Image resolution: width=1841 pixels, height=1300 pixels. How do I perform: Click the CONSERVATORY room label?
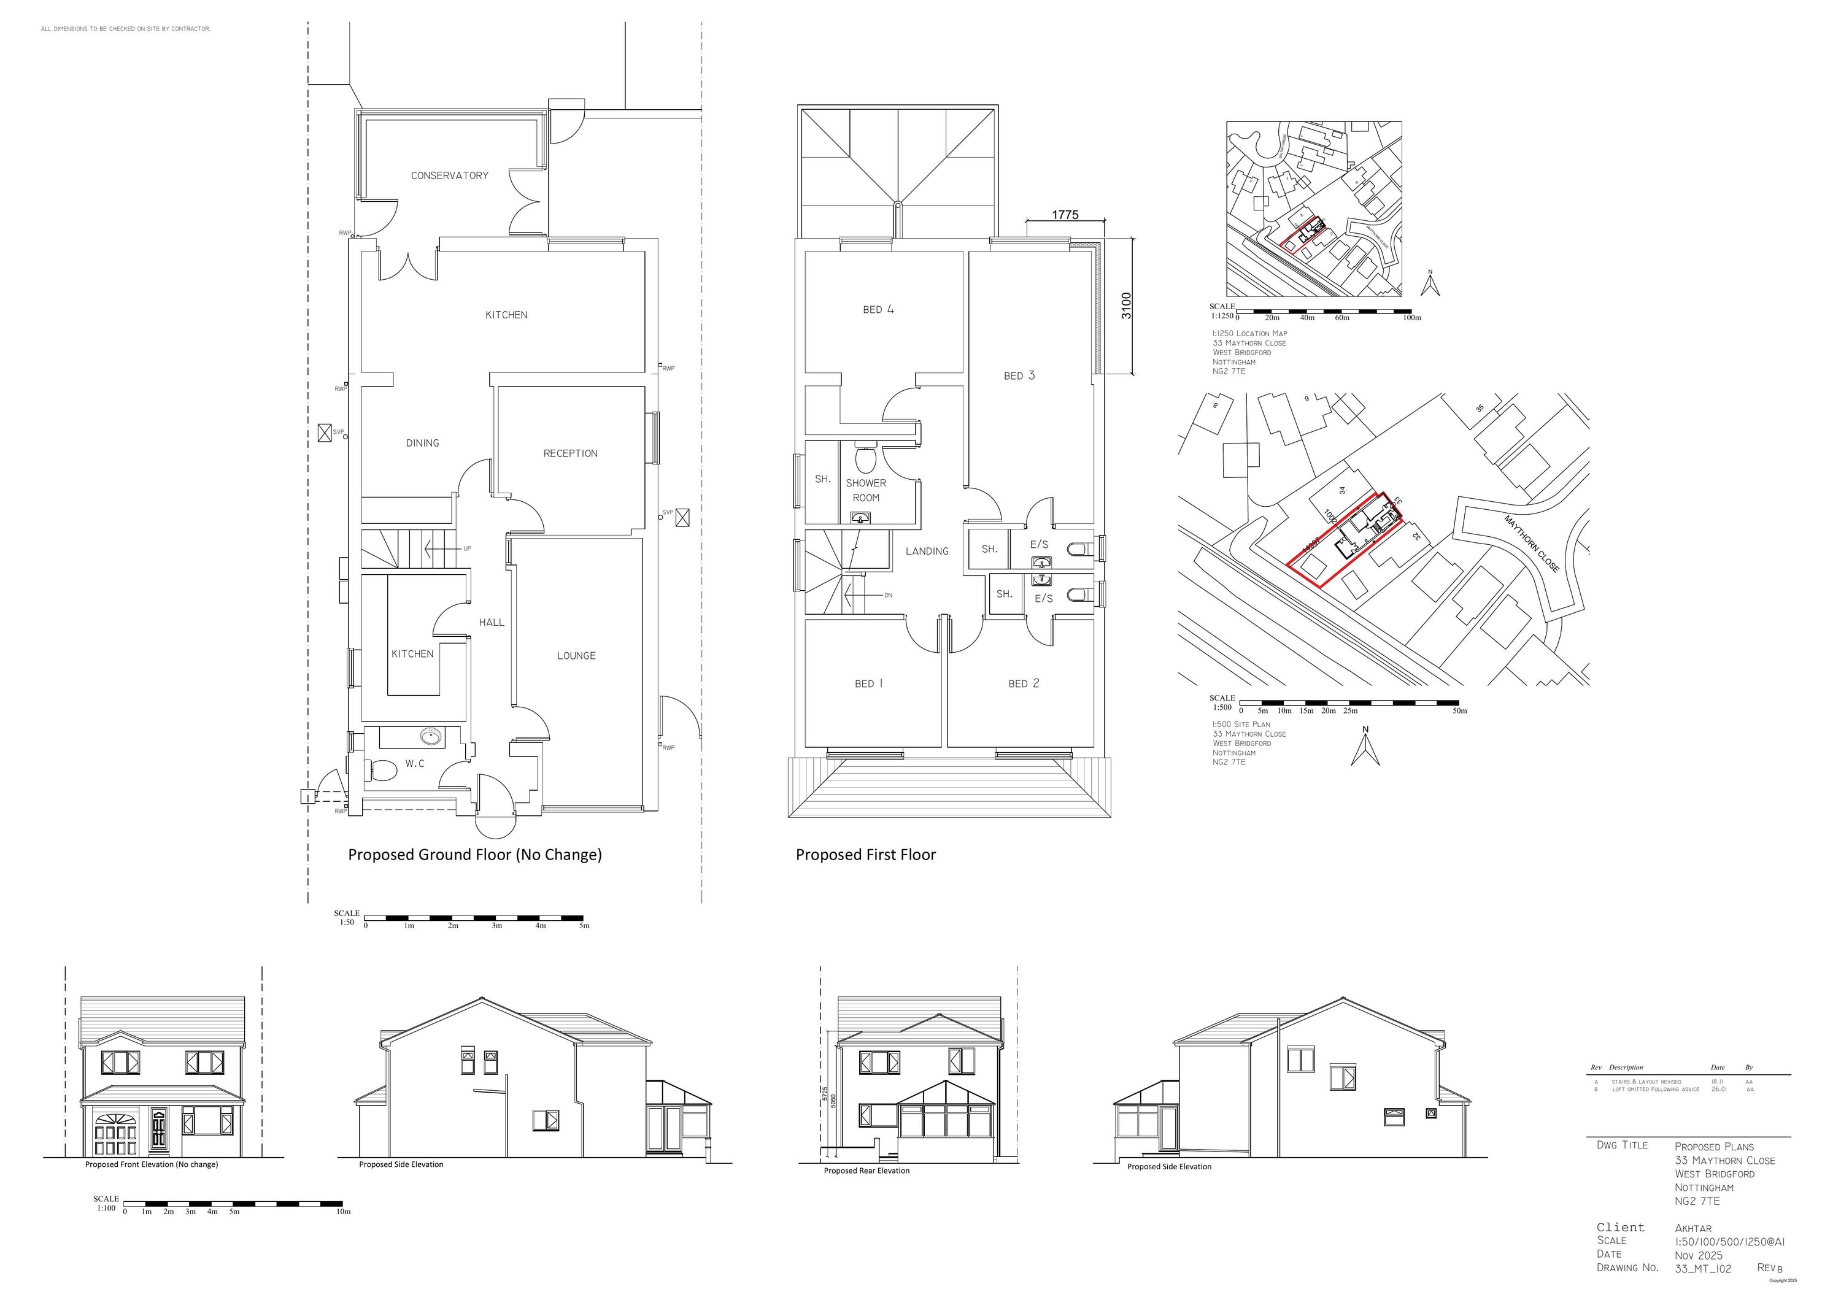pos(449,175)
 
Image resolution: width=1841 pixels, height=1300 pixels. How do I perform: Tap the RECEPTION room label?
pos(570,453)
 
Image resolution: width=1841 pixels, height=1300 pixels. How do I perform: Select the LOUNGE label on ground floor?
pos(576,656)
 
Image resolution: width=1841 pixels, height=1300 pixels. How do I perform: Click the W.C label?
pos(415,764)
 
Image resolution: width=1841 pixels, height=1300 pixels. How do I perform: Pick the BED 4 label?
pos(878,309)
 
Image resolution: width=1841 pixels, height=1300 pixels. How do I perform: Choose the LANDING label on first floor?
pos(927,552)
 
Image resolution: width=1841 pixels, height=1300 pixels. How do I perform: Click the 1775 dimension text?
pos(1065,215)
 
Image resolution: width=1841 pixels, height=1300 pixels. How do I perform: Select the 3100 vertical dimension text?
pos(1127,306)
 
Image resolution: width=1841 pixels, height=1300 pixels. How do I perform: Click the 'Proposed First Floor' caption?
pos(865,855)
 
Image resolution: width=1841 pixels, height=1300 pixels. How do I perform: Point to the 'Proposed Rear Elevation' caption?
pos(866,1171)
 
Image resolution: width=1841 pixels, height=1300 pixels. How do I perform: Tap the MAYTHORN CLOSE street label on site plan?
pos(1532,544)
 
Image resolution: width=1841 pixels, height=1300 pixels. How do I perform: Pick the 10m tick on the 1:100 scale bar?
pos(343,1212)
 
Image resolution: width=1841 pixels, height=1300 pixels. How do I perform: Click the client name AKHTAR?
pos(1692,1228)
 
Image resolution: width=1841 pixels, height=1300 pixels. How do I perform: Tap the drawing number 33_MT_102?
pos(1703,1269)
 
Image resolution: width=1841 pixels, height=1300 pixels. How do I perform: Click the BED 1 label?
pos(868,683)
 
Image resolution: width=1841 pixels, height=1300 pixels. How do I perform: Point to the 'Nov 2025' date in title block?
pos(1698,1255)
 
